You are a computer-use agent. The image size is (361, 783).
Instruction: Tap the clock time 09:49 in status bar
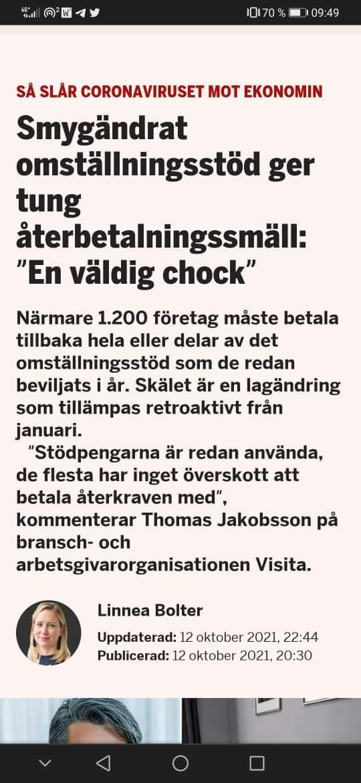click(325, 13)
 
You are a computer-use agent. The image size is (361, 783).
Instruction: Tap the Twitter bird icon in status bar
click(96, 13)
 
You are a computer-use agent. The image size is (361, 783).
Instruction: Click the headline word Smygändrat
click(102, 128)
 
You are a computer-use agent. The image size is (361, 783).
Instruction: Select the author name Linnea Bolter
click(150, 610)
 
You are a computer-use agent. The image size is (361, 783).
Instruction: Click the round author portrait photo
click(48, 632)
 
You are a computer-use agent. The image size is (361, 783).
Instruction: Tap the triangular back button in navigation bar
click(103, 763)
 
